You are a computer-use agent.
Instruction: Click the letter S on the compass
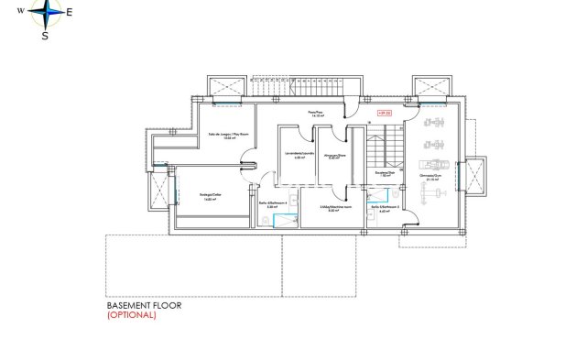click(45, 36)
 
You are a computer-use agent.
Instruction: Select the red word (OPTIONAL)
click(132, 315)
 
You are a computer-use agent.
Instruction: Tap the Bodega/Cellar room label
click(212, 195)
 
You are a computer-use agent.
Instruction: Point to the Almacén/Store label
click(335, 156)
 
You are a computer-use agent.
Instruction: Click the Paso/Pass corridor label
click(317, 113)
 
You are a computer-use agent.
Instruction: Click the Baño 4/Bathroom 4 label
click(271, 206)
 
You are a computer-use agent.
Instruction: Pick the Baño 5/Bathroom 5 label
click(385, 208)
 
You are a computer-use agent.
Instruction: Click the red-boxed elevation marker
click(385, 113)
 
